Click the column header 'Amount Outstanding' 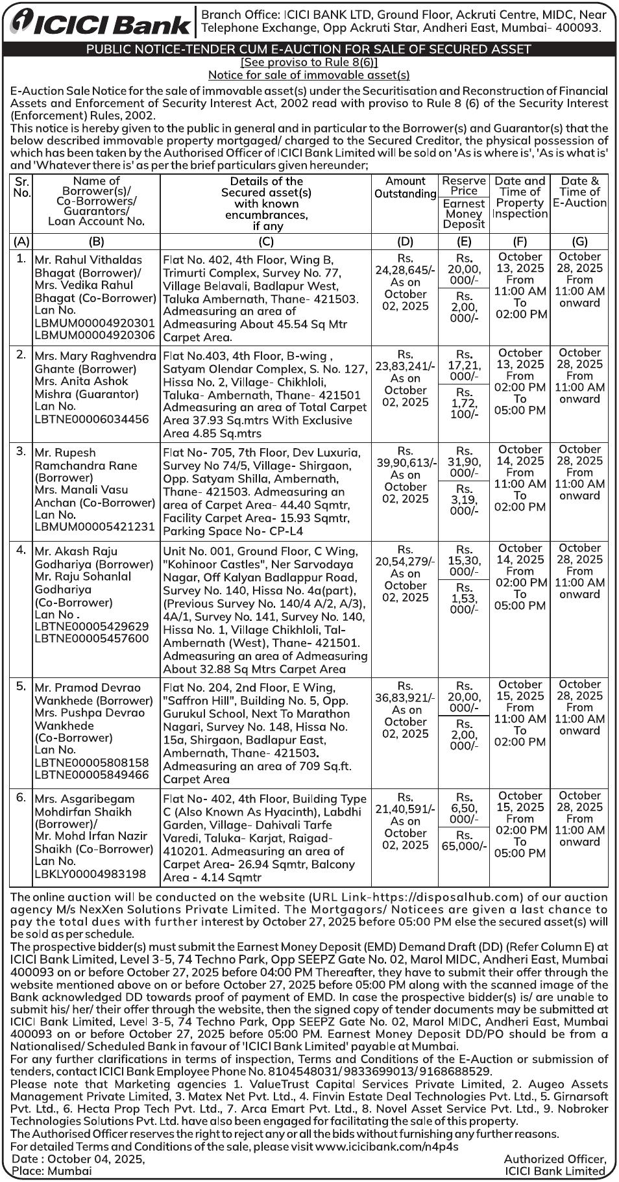pyautogui.click(x=405, y=187)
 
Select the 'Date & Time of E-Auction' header pyautogui.click(x=579, y=192)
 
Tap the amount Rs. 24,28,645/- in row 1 pyautogui.click(x=405, y=270)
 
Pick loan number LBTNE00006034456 pyautogui.click(x=91, y=420)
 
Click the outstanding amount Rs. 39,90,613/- pyautogui.click(x=406, y=462)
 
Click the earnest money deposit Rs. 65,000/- pyautogui.click(x=464, y=846)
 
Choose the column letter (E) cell pyautogui.click(x=463, y=241)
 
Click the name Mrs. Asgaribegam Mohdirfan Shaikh pyautogui.click(x=84, y=805)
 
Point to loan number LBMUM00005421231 pyautogui.click(x=95, y=527)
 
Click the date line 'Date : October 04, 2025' pyautogui.click(x=78, y=1159)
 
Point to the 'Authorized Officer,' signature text pyautogui.click(x=555, y=1159)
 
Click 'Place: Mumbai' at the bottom pyautogui.click(x=52, y=1171)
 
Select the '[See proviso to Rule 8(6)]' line pyautogui.click(x=309, y=62)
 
